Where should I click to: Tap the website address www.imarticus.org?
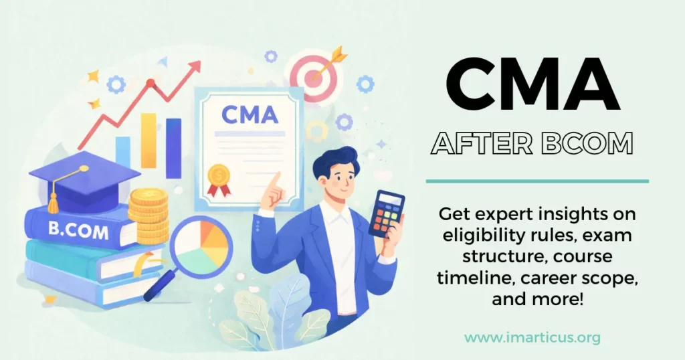click(x=532, y=338)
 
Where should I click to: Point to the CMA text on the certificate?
click(x=249, y=115)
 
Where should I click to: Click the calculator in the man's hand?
click(x=387, y=213)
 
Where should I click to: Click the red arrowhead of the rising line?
click(x=195, y=67)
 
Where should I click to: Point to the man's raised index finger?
click(x=273, y=179)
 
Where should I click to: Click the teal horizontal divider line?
click(x=537, y=181)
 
